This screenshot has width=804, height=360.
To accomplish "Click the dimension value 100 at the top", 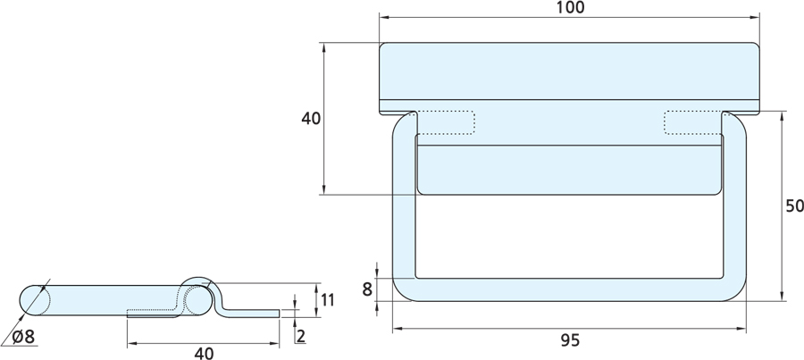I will [570, 8].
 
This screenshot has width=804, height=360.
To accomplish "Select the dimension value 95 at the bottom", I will [570, 340].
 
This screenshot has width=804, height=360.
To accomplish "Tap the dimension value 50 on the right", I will [794, 206].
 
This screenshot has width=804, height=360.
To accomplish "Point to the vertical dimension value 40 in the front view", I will [310, 119].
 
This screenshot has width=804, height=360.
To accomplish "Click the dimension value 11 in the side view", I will [327, 299].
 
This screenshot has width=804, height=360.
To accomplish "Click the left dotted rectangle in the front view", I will [445, 122].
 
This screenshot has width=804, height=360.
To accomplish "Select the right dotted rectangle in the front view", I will [692, 122].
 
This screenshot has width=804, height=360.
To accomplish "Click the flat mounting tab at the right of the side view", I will [254, 312].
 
